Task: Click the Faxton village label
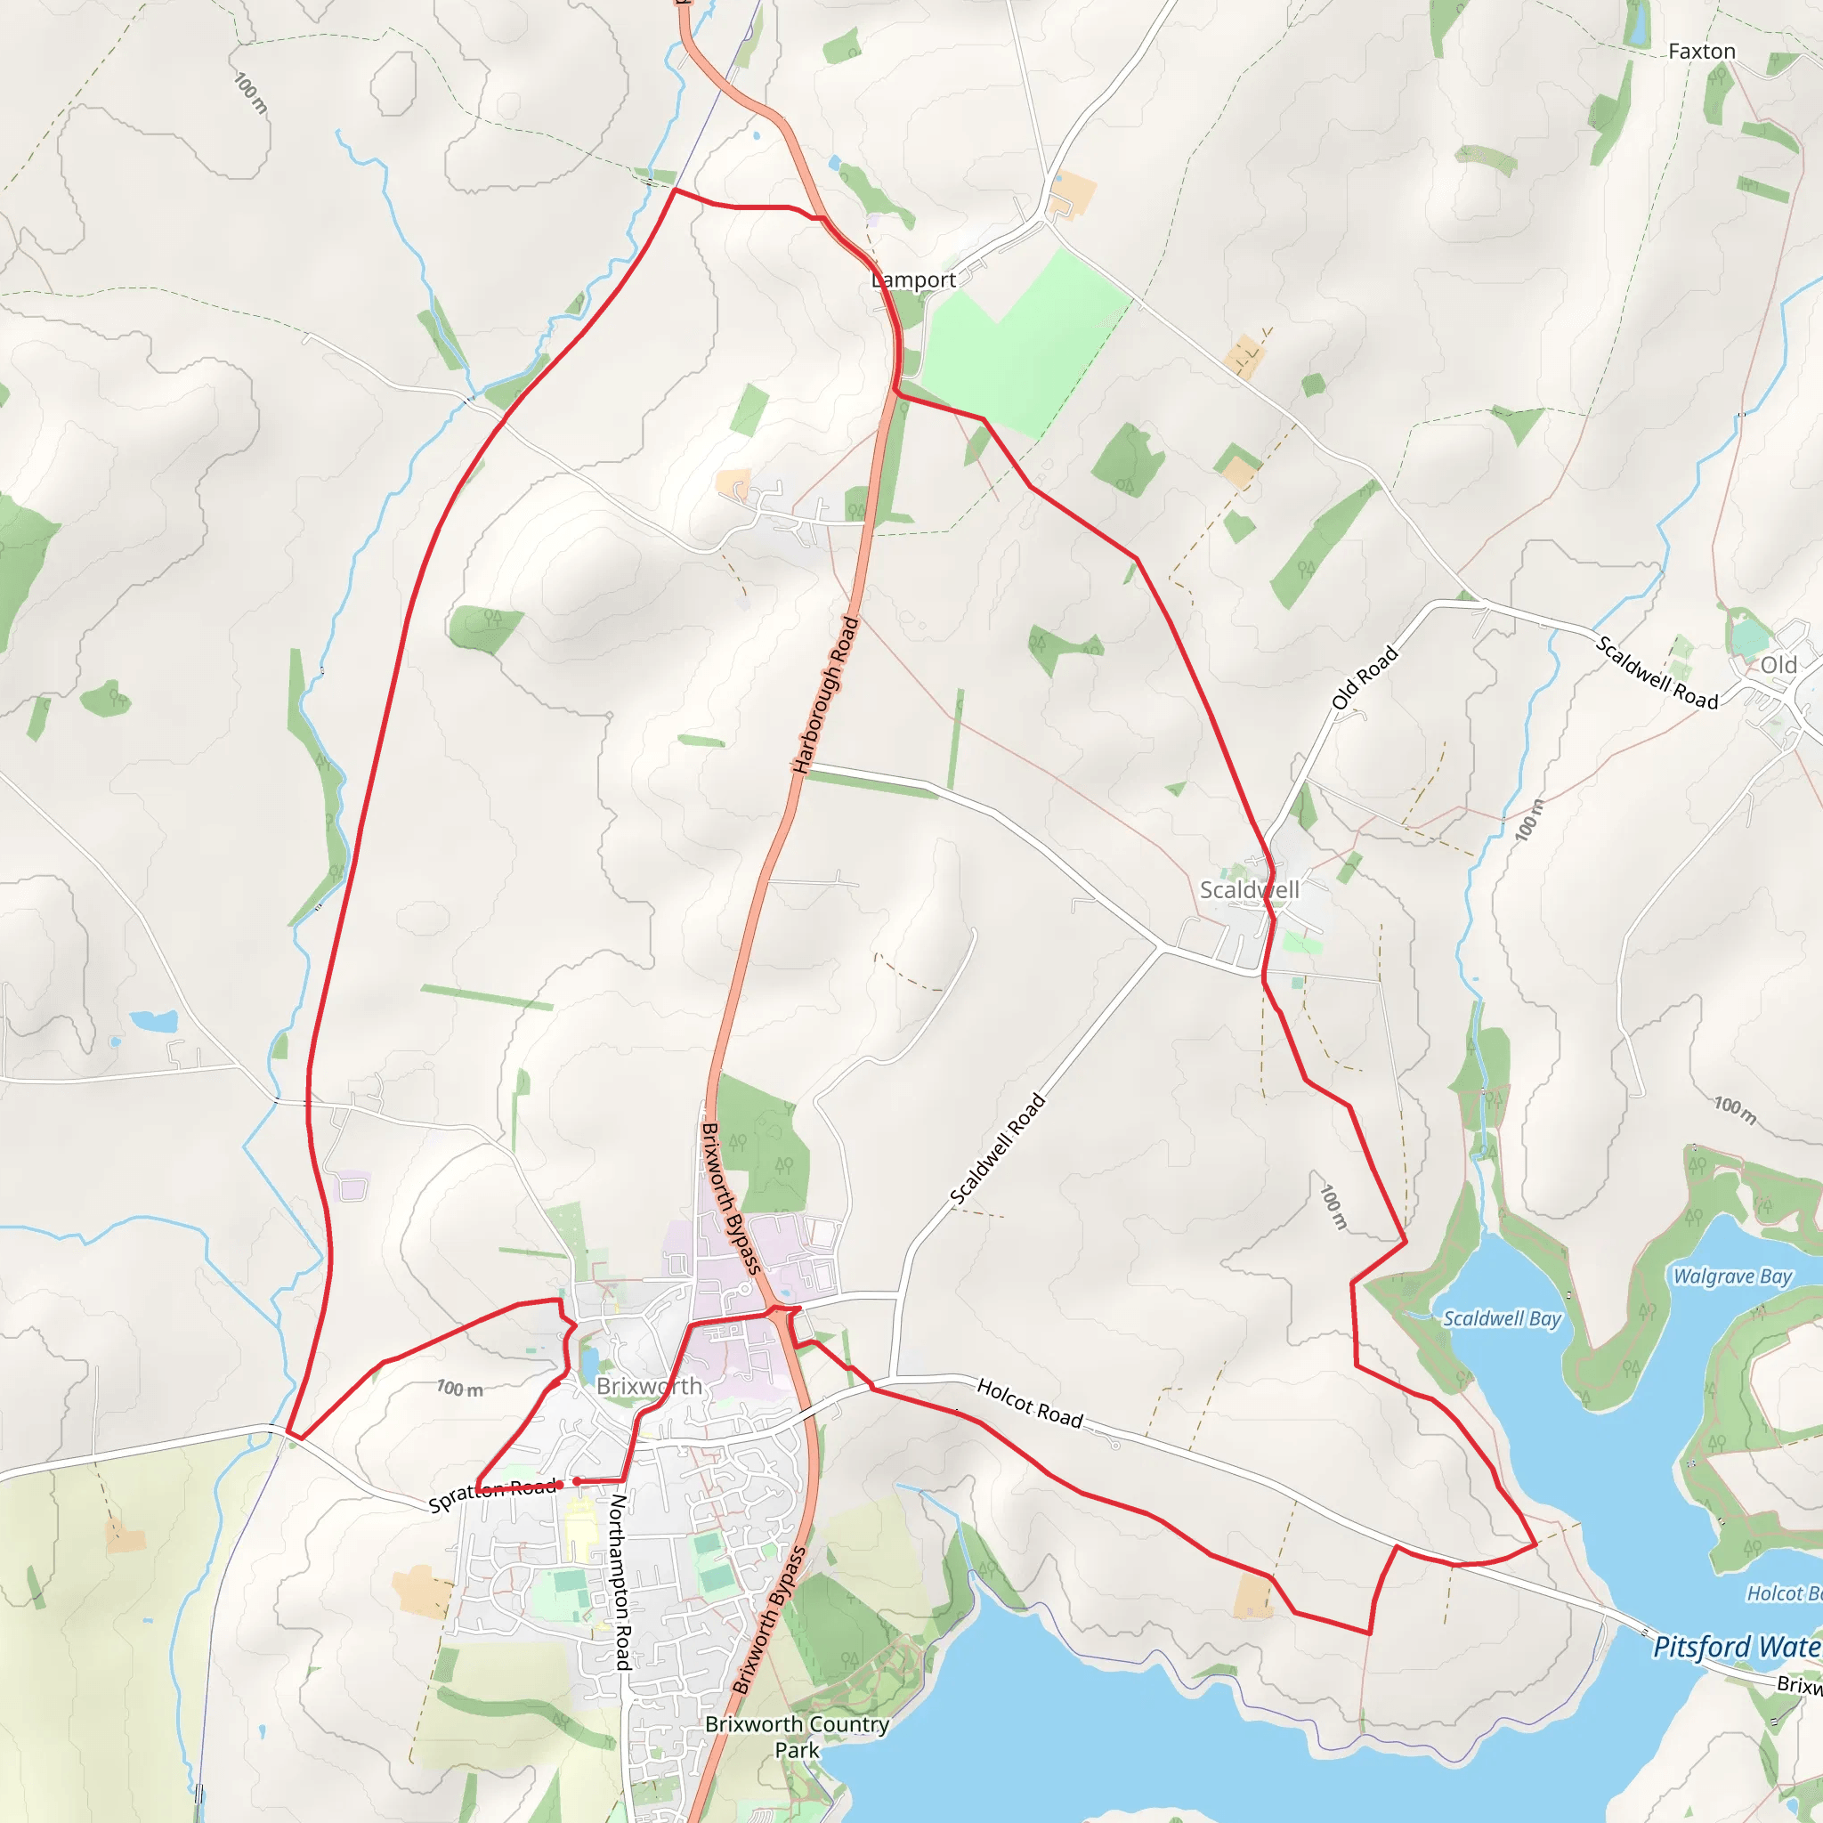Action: pos(1701,52)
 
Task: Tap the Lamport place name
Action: pos(913,280)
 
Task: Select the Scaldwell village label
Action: pos(1249,890)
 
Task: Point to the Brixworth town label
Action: pos(649,1386)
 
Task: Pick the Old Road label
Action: pos(1365,677)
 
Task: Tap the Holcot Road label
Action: pos(1030,1403)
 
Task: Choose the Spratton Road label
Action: pos(492,1495)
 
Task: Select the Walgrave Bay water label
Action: pos(1732,1276)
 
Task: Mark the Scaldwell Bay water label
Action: pos(1503,1319)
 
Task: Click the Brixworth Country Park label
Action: pos(798,1736)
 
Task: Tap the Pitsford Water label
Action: pos(1736,1648)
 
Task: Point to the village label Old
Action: pos(1778,665)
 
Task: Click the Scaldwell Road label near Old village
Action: pos(1657,673)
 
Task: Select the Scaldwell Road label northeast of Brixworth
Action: pos(999,1149)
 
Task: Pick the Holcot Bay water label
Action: pos(1783,1593)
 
